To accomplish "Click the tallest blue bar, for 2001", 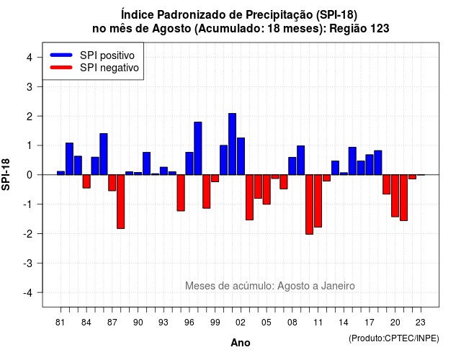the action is click(x=232, y=144).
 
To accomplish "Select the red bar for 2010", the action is click(x=309, y=204).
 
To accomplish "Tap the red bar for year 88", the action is click(x=120, y=202).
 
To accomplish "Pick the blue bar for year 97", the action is click(x=198, y=148).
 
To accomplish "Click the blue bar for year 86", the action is click(x=104, y=154).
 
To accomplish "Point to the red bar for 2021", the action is click(x=403, y=198).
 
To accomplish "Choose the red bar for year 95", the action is click(x=181, y=193).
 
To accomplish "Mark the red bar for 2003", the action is click(x=249, y=197).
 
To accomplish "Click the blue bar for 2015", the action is click(x=352, y=161).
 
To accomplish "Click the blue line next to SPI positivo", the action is click(x=61, y=55).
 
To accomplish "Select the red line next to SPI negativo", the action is click(x=61, y=67).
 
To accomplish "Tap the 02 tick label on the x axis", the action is click(x=241, y=323).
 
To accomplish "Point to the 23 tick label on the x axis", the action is click(x=421, y=323).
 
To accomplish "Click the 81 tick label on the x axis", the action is click(x=61, y=323).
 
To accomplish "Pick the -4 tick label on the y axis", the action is click(x=28, y=293).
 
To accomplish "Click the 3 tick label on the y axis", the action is click(x=30, y=86).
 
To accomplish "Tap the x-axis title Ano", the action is click(x=241, y=343).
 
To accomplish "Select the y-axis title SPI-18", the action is click(x=6, y=174).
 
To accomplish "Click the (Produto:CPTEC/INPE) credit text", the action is click(x=394, y=338).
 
